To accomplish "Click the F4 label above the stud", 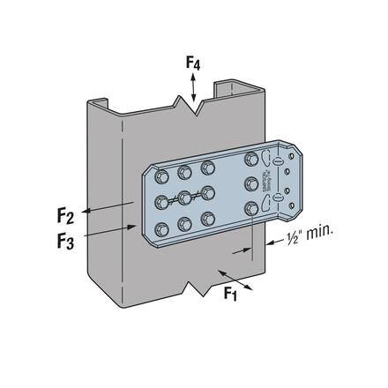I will pos(193,63).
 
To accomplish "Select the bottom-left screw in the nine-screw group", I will pos(161,229).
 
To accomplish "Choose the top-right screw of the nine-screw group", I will pos(208,167).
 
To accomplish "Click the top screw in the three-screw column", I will pos(253,160).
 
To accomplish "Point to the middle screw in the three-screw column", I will pos(253,184).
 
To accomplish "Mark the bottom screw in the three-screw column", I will pos(253,210).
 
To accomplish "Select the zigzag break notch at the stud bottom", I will pos(196,287).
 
